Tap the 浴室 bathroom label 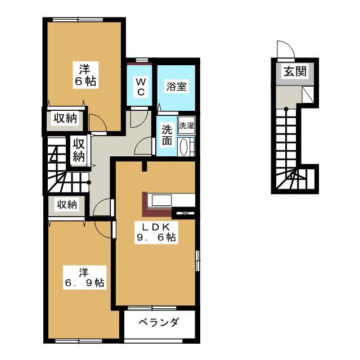point(176,87)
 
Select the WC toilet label point(141,86)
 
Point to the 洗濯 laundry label point(187,125)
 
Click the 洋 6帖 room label point(85,75)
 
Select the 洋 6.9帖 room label point(84,277)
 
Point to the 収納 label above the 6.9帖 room point(65,205)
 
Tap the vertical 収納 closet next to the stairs point(78,150)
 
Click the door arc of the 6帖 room point(96,121)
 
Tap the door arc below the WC point(137,119)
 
